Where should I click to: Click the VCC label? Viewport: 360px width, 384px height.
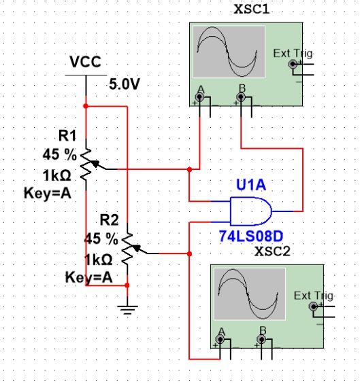85,61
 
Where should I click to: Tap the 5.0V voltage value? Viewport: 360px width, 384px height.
125,84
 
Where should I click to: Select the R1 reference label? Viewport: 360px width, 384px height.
67,135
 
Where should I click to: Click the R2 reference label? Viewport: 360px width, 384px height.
110,220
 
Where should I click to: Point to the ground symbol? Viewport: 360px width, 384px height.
127,309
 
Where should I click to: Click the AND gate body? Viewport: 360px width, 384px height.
250,211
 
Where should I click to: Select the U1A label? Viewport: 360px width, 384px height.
251,185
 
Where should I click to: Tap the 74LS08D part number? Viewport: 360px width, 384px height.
251,236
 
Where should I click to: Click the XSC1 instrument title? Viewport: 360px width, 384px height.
252,10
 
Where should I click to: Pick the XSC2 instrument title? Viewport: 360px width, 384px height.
272,251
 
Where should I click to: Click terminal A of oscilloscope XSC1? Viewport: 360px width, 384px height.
199,97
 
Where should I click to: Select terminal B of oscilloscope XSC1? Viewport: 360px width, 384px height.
241,97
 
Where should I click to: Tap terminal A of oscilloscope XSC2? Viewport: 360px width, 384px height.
220,339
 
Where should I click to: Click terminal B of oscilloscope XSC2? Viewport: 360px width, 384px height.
261,339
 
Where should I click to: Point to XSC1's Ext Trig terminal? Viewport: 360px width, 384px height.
293,64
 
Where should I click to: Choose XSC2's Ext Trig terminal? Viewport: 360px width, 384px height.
313,307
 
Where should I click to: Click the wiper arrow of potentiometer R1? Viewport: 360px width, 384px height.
95,164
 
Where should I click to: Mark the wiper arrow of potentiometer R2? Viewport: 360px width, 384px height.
136,248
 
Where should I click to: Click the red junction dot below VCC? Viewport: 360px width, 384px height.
86,106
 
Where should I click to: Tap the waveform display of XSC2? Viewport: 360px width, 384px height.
250,294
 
